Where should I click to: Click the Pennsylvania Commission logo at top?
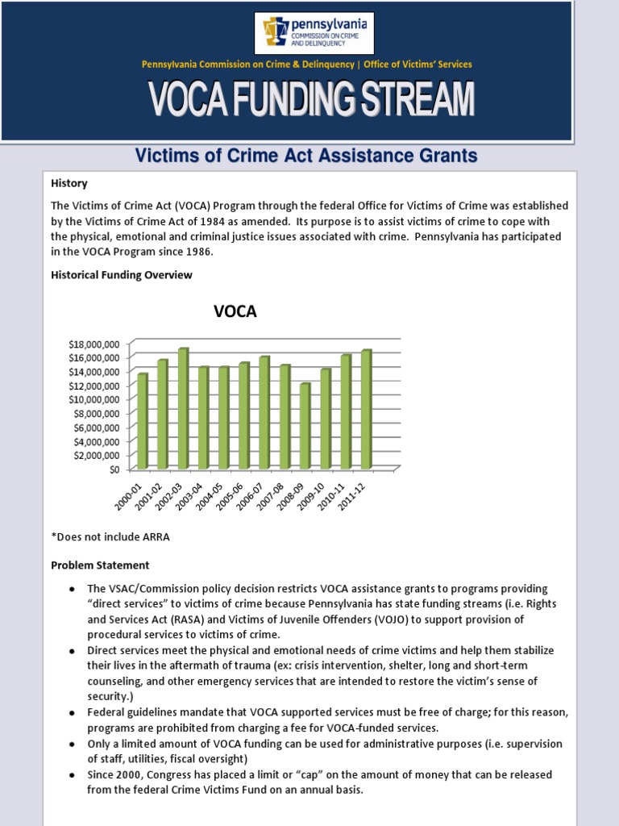pos(310,34)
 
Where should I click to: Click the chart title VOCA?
pos(235,311)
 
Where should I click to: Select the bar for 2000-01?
pos(143,421)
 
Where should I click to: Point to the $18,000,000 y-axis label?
pos(94,344)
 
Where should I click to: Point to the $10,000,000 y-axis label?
pos(94,399)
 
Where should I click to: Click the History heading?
pos(69,183)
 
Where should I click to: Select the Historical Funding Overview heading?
pos(122,275)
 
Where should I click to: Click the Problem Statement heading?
pos(100,565)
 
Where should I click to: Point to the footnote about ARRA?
pos(110,536)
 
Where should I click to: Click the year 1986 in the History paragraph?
pos(199,252)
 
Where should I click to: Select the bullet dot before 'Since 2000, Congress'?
pos(72,775)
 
